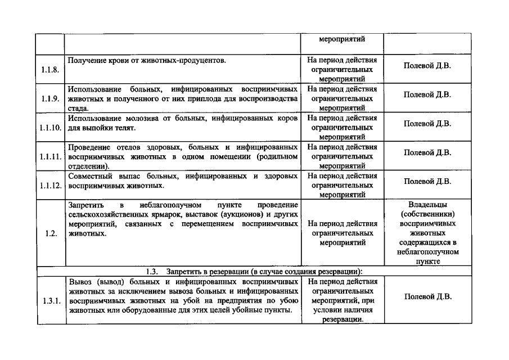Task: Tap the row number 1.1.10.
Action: (50, 128)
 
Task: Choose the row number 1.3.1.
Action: (49, 301)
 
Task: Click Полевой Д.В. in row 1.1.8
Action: (427, 65)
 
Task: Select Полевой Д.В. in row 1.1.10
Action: (427, 123)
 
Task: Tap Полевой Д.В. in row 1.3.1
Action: (427, 297)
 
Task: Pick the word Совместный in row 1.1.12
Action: (89, 177)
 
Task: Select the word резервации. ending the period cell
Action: (342, 320)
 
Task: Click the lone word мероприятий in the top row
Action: (342, 39)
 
